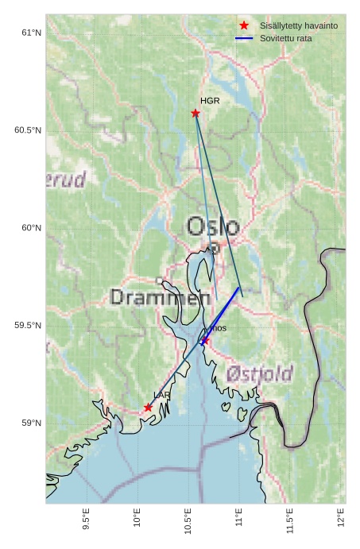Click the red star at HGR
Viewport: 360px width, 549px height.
[195, 113]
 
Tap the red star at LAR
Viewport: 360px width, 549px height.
[148, 408]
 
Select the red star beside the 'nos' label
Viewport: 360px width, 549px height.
[205, 340]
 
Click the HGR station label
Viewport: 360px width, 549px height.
[210, 101]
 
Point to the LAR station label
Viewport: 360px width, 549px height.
[161, 395]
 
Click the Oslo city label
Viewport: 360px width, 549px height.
[212, 226]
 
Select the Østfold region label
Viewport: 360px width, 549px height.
[259, 373]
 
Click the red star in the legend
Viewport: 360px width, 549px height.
[244, 25]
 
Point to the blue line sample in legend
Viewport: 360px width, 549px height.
[244, 38]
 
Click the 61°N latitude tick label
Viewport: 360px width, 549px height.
[31, 33]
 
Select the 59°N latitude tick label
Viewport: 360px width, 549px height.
[31, 423]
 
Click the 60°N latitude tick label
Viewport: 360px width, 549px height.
[31, 228]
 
